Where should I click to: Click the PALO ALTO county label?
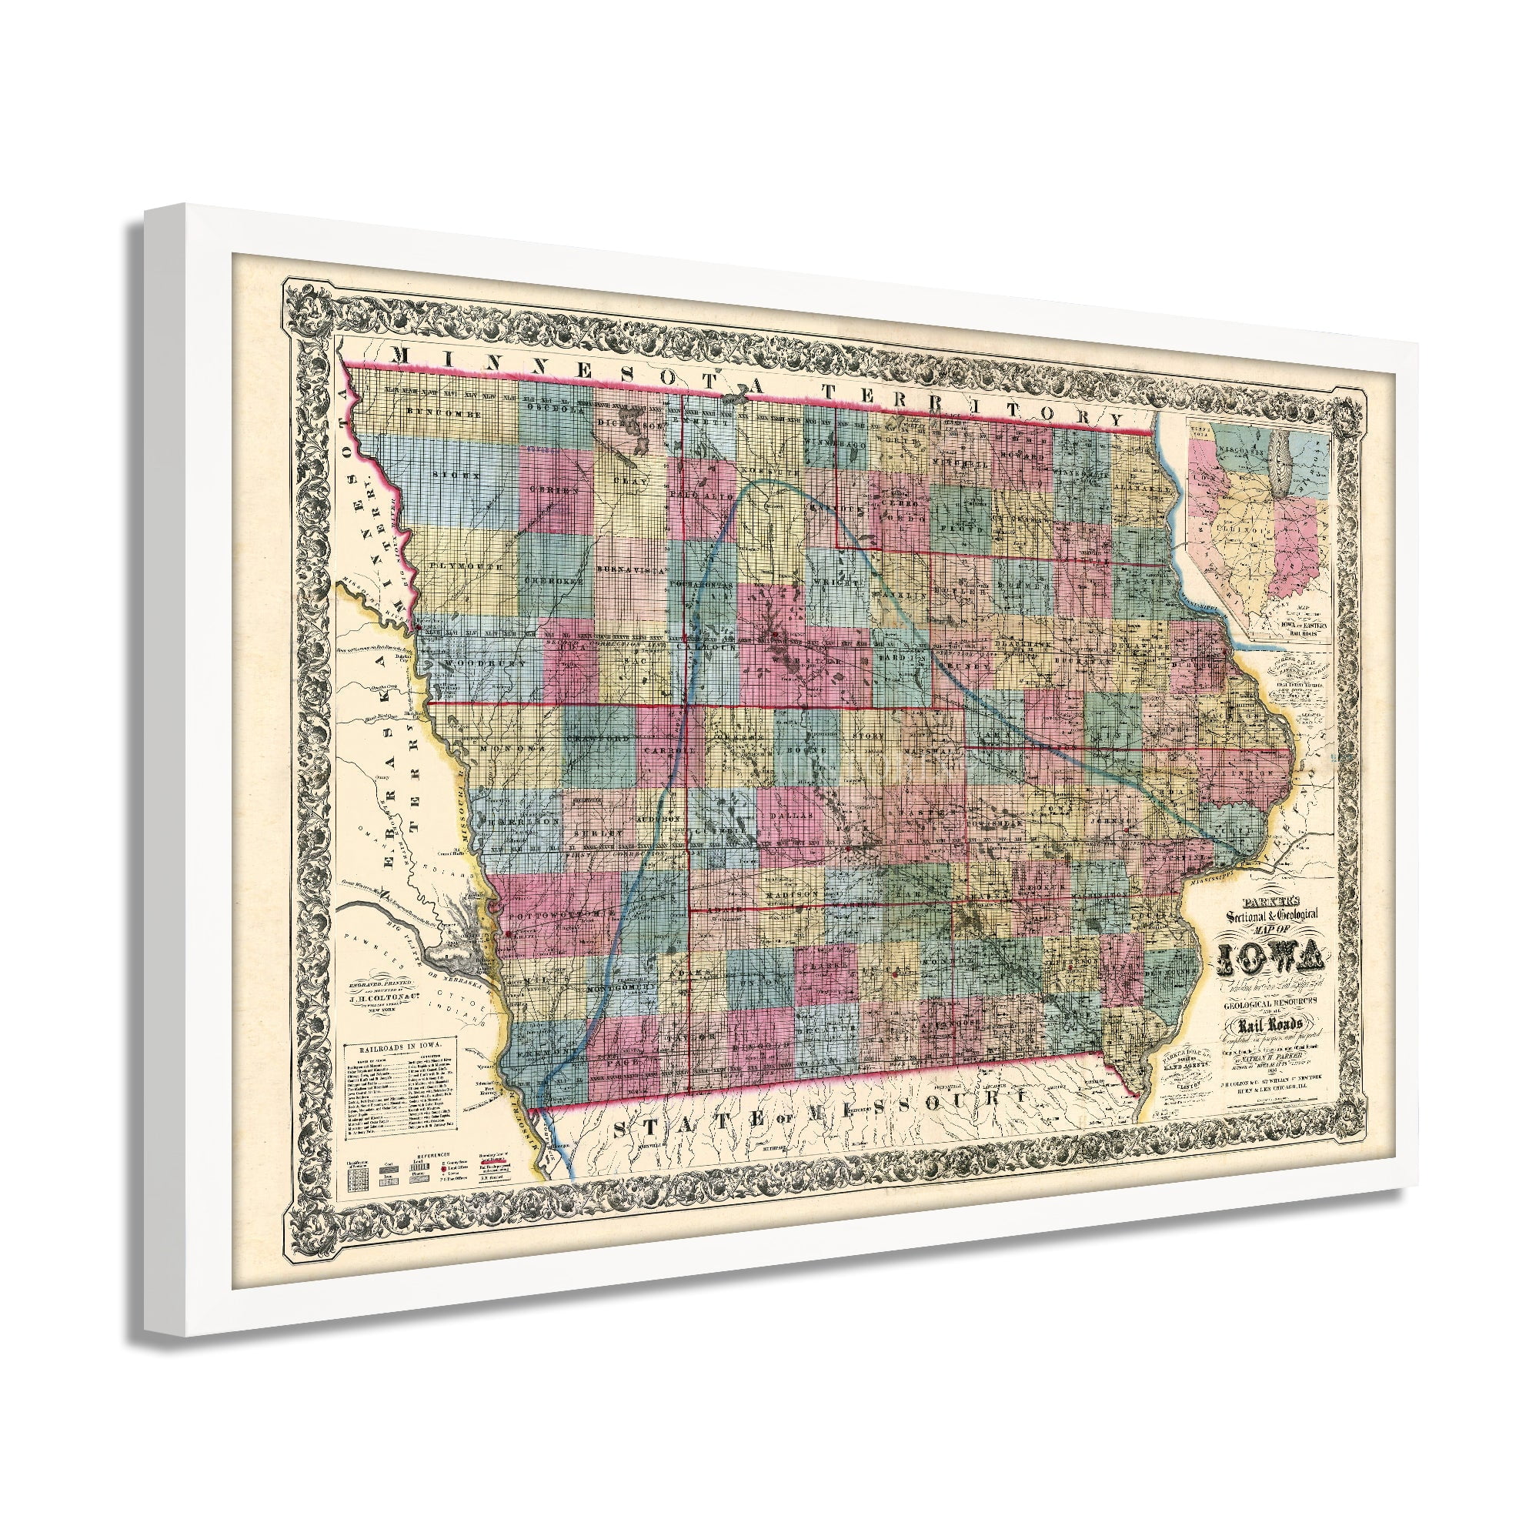(x=703, y=496)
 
